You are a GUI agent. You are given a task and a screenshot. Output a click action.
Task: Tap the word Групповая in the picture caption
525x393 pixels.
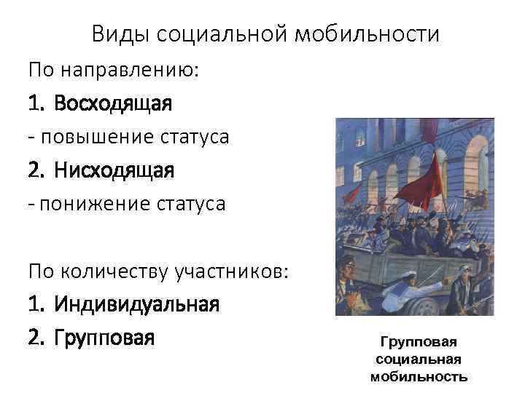coord(419,342)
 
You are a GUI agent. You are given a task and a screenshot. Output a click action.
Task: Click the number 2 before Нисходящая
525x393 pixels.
coord(35,170)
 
